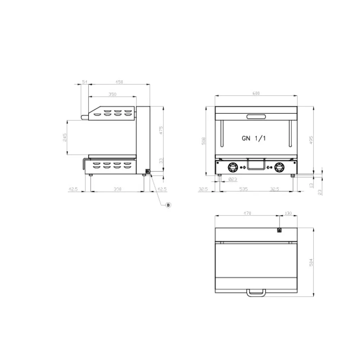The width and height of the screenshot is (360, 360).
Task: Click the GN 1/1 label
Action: click(x=254, y=138)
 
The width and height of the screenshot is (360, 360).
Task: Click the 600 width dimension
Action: click(x=256, y=93)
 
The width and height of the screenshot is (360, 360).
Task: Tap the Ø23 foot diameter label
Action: click(x=233, y=179)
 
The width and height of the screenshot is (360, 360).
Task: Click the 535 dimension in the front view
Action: click(x=243, y=189)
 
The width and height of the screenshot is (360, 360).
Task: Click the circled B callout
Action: click(x=168, y=205)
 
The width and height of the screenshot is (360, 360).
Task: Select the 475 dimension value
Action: click(x=161, y=130)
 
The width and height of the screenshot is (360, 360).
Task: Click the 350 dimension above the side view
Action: click(x=112, y=94)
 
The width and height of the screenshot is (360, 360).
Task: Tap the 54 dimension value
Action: click(x=85, y=82)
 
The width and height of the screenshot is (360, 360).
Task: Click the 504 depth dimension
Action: click(x=312, y=262)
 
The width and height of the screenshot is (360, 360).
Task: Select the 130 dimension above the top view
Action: click(x=288, y=213)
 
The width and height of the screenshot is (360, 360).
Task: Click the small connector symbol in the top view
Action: click(x=279, y=230)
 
